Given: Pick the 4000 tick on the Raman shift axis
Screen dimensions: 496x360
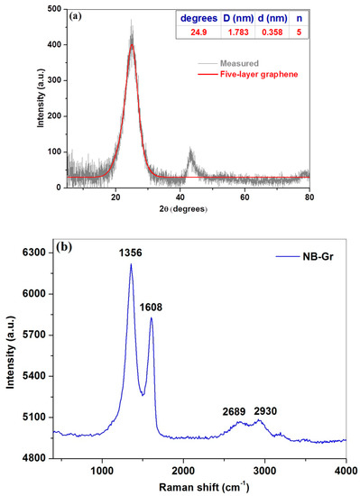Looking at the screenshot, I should point(346,470).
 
